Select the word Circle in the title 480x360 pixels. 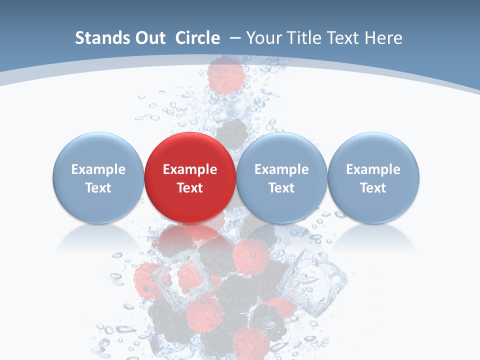tap(197, 38)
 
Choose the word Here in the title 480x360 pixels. tap(383, 38)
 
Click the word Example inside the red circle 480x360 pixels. tap(190, 169)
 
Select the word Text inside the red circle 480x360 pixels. tap(190, 188)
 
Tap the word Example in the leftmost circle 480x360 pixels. tap(98, 169)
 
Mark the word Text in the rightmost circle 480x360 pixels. tap(373, 188)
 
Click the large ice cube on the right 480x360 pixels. tap(313, 282)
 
